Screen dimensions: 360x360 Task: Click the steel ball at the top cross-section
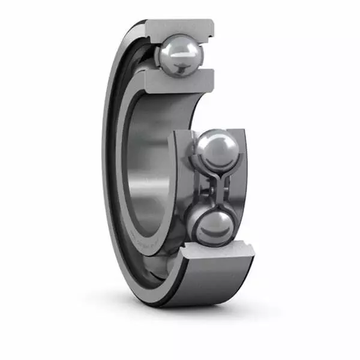pyautogui.click(x=179, y=53)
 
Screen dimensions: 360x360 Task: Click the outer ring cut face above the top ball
pyautogui.click(x=179, y=27)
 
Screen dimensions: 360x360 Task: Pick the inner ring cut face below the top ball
pyautogui.click(x=179, y=79)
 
